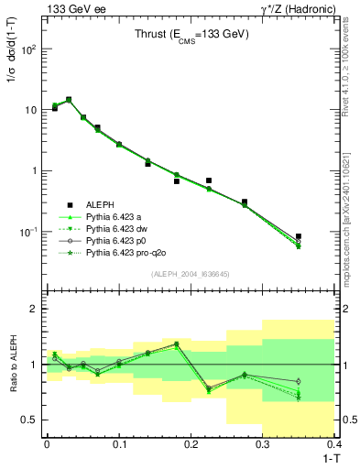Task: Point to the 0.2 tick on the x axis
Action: pos(191,443)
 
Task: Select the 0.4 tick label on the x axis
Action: pos(333,443)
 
